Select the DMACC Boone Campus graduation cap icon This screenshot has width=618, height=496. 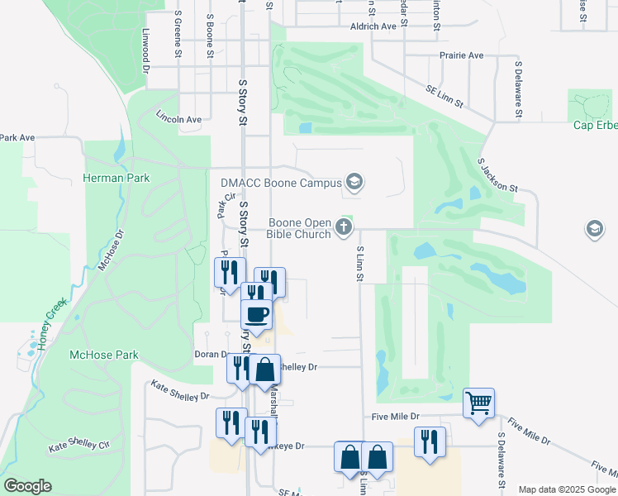354,182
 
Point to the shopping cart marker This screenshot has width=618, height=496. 478,403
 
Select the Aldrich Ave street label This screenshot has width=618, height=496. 373,26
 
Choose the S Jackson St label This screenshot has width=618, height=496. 497,174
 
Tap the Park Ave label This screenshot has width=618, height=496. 17,137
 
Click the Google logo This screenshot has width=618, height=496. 27,486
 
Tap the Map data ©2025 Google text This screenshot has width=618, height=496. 566,489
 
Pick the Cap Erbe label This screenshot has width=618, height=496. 596,126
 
